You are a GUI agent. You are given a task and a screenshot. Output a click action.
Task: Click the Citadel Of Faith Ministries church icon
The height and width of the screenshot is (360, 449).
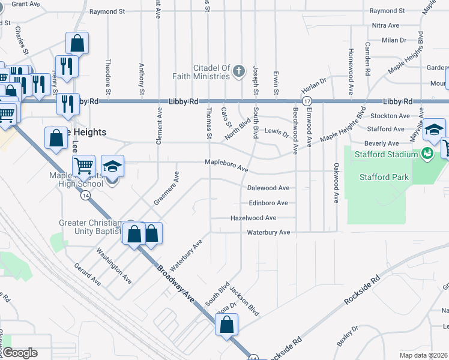click(x=238, y=71)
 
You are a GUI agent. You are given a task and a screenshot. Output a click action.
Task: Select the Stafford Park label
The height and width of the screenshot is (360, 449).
click(x=384, y=177)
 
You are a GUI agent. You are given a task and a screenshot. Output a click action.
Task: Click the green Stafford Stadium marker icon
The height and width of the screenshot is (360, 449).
click(x=427, y=154)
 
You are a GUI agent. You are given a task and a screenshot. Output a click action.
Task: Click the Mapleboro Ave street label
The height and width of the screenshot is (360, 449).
click(x=226, y=165)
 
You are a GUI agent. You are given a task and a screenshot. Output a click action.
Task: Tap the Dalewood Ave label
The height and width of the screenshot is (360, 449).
click(x=268, y=188)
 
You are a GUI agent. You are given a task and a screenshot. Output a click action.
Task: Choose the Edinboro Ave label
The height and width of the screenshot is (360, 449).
click(x=268, y=203)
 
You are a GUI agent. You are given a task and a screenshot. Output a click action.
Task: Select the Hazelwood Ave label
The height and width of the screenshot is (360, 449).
click(x=253, y=218)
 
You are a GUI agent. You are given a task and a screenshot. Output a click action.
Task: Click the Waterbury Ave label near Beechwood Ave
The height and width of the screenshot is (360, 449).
click(x=268, y=232)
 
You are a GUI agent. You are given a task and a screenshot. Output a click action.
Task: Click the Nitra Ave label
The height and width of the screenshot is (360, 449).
click(x=385, y=25)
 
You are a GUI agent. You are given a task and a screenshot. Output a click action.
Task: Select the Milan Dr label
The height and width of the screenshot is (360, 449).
click(x=394, y=40)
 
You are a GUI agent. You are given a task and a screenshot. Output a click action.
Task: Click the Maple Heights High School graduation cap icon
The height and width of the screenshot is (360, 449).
click(x=112, y=166)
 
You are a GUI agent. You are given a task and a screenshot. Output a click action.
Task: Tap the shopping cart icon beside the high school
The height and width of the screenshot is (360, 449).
click(x=83, y=165)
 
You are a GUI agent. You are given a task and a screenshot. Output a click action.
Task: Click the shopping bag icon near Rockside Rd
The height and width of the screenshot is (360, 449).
click(x=227, y=325)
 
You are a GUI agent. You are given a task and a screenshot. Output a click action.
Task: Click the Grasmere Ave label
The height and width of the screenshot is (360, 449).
click(x=166, y=189)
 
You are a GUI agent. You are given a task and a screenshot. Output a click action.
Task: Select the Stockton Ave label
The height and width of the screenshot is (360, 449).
click(x=389, y=115)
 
